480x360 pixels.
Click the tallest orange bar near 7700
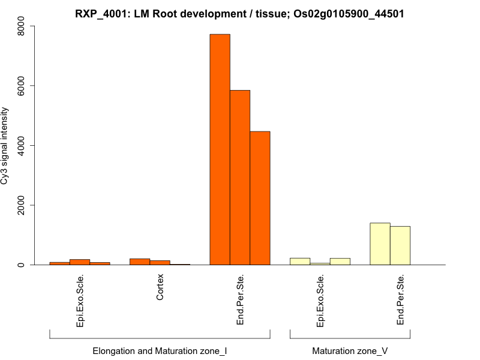[x=220, y=149]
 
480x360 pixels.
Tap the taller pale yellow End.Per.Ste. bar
[x=380, y=244]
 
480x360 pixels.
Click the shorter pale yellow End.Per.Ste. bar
[x=400, y=245]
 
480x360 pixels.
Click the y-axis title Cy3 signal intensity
[x=5, y=146]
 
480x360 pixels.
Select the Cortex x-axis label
[x=160, y=289]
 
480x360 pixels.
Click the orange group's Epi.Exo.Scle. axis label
[x=80, y=301]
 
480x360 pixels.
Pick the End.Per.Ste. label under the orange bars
[x=240, y=300]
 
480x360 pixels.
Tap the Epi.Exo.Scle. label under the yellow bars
[x=320, y=301]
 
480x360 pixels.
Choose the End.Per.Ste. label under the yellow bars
[x=400, y=300]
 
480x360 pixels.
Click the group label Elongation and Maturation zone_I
[x=160, y=350]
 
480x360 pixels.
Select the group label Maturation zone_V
[x=350, y=350]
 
